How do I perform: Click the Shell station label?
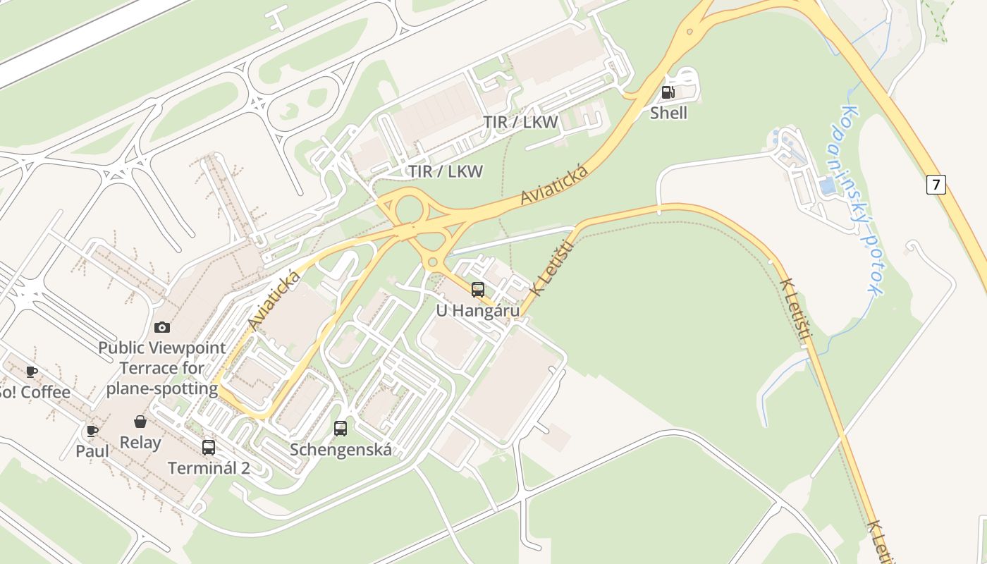point(668,113)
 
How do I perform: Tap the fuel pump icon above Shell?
point(668,92)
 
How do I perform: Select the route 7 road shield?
point(936,185)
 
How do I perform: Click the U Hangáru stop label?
point(478,310)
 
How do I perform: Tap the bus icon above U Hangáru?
point(478,289)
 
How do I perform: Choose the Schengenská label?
point(341,449)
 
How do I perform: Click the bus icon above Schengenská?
point(341,428)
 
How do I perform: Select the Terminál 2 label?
point(209,467)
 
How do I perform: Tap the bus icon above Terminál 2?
point(209,447)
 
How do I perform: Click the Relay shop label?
point(140,443)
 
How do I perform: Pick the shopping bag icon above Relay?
point(140,422)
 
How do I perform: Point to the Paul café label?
point(92,451)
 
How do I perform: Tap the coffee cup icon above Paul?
point(92,430)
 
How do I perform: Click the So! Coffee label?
point(34,392)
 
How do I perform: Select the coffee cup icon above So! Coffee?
point(32,371)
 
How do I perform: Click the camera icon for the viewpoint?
point(162,327)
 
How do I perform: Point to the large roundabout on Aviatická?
point(410,209)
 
